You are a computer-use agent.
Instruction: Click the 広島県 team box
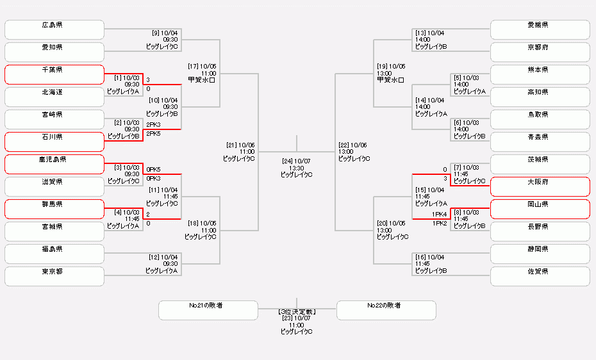click(x=54, y=29)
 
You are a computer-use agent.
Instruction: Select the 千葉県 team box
click(x=54, y=74)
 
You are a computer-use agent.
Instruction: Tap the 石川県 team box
click(x=54, y=142)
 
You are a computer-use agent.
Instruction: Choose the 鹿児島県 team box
click(x=54, y=164)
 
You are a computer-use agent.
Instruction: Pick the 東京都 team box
click(x=54, y=276)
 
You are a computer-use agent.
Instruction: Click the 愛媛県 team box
click(x=540, y=29)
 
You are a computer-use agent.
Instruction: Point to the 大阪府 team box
click(x=540, y=186)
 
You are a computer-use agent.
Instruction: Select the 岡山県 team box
click(x=540, y=209)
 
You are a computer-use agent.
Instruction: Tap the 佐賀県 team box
click(x=540, y=276)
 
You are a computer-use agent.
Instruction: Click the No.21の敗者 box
click(x=208, y=310)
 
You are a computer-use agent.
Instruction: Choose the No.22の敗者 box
click(x=386, y=310)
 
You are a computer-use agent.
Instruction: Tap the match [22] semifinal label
click(x=354, y=152)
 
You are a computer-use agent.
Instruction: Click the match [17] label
click(x=202, y=73)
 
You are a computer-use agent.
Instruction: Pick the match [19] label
click(x=391, y=73)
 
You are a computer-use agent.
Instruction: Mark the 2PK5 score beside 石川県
click(x=154, y=134)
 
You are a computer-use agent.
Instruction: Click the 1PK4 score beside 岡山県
click(x=440, y=214)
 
